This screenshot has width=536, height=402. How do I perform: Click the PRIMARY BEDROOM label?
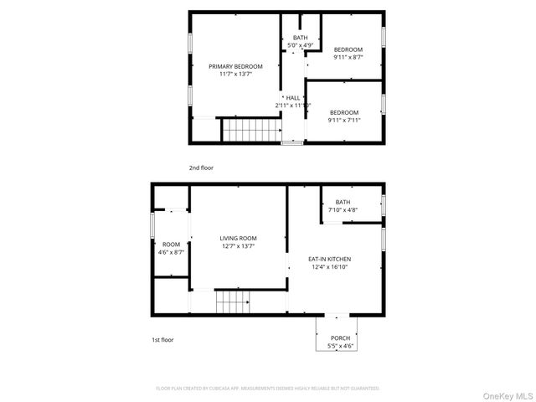tap(235, 66)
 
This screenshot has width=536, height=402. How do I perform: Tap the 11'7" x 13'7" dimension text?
tap(235, 75)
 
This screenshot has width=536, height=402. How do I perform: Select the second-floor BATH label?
tap(299, 39)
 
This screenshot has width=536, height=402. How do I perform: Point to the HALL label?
tap(292, 97)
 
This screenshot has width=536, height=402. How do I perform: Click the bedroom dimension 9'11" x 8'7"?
tap(348, 58)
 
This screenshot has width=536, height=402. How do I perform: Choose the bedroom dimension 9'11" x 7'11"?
tap(343, 120)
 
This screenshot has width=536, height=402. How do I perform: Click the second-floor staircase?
tap(250, 131)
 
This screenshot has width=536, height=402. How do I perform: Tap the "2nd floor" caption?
tap(201, 167)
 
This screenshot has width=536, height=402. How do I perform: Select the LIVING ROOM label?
tap(238, 238)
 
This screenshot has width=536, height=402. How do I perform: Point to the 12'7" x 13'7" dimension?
tap(238, 246)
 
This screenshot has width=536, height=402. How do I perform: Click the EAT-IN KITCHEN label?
tap(329, 259)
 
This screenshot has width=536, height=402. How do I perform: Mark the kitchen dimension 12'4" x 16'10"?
tap(329, 267)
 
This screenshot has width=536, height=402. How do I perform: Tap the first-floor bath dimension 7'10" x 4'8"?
tap(343, 210)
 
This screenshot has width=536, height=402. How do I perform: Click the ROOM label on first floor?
tap(171, 244)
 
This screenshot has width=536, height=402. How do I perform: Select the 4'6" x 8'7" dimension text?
tap(171, 252)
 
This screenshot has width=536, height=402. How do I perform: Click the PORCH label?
tap(339, 338)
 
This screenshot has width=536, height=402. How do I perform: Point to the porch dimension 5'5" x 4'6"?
tap(339, 346)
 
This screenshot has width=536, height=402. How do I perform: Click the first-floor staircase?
tap(232, 302)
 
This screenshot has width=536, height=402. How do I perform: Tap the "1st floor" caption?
tap(162, 340)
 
